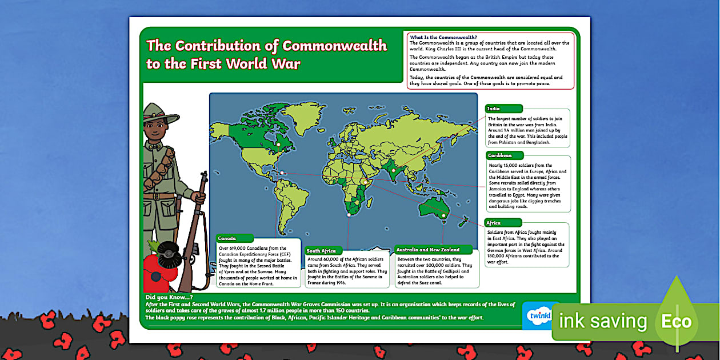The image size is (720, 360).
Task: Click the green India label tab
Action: click(503, 109)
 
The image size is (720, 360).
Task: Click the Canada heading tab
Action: click(234, 238)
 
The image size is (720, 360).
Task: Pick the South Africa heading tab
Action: click(323, 251)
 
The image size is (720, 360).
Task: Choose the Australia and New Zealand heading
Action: click(434, 250)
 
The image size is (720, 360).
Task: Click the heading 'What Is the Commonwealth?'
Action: click(443, 37)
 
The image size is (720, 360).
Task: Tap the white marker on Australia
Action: click(444, 215)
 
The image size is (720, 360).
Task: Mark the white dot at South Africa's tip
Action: click(349, 215)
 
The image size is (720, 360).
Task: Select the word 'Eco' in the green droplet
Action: click(677, 321)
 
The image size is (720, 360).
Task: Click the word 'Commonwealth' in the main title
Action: click(334, 46)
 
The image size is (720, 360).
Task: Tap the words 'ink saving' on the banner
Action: click(603, 321)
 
